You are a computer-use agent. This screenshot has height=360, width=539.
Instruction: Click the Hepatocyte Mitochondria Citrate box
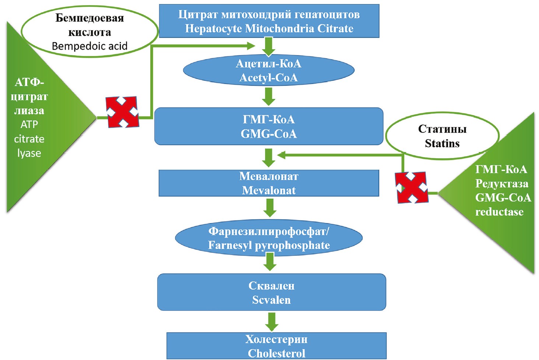[269, 21]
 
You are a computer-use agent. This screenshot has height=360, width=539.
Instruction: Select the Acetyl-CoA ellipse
[269, 70]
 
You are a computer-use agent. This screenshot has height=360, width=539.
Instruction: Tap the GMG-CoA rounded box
[269, 126]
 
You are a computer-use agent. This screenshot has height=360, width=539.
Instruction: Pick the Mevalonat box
[269, 183]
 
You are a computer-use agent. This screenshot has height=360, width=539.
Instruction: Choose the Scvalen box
[271, 292]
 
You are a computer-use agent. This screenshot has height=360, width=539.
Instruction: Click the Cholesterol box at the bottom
[276, 346]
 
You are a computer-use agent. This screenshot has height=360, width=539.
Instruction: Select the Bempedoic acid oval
[89, 32]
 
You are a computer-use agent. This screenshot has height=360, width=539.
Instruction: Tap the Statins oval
[442, 136]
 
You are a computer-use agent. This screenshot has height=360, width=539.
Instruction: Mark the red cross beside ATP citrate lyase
[122, 112]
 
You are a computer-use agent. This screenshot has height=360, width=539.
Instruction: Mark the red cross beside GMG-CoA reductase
[412, 187]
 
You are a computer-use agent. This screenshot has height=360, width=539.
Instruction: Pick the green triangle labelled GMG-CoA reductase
[501, 191]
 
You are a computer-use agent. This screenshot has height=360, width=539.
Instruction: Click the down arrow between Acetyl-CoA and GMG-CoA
[269, 96]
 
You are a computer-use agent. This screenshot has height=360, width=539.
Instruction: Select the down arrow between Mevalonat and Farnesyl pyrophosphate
[270, 208]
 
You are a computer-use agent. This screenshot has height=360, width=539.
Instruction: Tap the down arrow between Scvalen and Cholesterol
[272, 321]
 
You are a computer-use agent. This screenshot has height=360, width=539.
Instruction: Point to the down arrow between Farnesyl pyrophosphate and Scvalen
[270, 262]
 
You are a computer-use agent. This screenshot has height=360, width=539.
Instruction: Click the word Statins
[442, 143]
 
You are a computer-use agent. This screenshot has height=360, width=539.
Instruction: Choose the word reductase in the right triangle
[499, 212]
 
